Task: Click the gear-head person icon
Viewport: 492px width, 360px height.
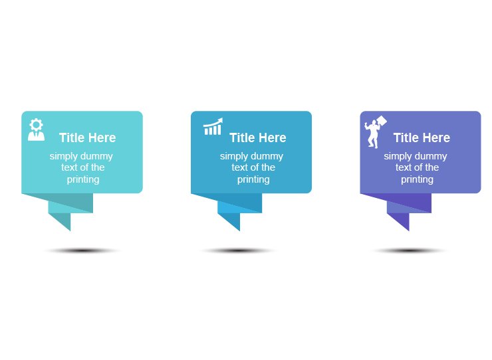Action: [36, 130]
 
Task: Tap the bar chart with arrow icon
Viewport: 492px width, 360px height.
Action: [213, 126]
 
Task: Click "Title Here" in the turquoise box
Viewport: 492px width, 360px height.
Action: [87, 138]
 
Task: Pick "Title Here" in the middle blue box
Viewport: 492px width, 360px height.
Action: [257, 138]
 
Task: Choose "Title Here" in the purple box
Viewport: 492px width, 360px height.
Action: [421, 138]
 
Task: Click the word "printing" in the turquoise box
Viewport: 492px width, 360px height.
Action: [82, 179]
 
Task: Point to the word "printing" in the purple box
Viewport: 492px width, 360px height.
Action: [417, 179]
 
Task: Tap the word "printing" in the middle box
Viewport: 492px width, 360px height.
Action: [253, 179]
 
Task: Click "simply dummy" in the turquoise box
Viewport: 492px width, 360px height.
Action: [81, 157]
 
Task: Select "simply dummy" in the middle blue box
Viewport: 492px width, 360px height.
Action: [251, 157]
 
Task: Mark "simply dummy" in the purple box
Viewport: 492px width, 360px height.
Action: [415, 157]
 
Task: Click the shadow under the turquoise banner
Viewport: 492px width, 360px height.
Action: [81, 251]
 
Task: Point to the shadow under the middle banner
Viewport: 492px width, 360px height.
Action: [238, 251]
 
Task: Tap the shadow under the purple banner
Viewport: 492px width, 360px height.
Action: [408, 251]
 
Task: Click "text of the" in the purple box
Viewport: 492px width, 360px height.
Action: [417, 168]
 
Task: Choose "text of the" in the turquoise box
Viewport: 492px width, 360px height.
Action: [82, 168]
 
